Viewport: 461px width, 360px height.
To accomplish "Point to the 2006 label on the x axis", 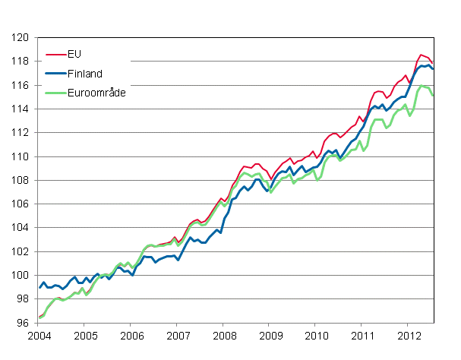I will pos(131,335).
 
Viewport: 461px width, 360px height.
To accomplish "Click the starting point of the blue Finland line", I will pos(39,288).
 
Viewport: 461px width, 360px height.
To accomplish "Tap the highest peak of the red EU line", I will pos(421,55).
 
